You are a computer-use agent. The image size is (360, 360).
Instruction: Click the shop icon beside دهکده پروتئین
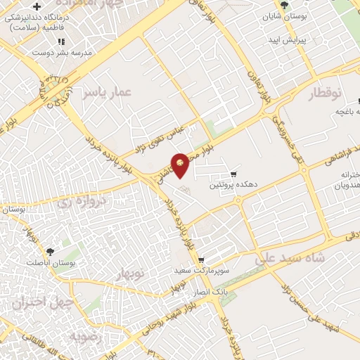coord(234,174)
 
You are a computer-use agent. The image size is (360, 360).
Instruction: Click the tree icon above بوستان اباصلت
coord(51,251)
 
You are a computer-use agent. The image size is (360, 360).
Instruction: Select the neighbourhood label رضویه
coord(86,336)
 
